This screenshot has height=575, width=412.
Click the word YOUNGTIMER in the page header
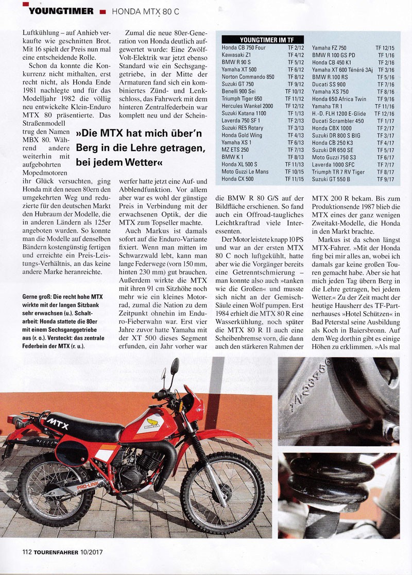(61, 11)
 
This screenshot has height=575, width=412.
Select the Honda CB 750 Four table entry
(244, 47)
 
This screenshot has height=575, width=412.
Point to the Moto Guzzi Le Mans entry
(244, 172)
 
